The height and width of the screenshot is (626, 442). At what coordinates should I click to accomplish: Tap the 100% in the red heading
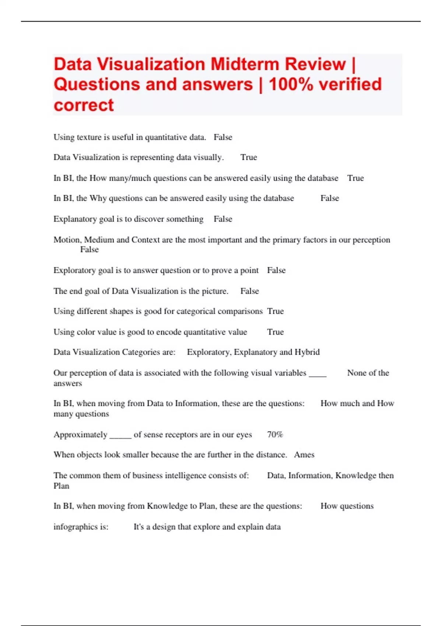tap(291, 84)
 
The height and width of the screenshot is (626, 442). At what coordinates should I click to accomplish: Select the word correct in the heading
tap(84, 105)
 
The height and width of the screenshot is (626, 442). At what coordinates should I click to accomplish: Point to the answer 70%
tap(275, 435)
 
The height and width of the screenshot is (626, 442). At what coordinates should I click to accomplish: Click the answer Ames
tap(304, 455)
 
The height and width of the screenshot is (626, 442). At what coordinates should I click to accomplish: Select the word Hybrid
tap(307, 352)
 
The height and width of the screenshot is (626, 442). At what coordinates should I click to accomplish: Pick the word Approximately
tap(80, 435)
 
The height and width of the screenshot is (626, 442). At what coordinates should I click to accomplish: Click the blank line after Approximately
tap(120, 437)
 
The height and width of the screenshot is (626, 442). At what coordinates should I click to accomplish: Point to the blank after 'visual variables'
tap(318, 376)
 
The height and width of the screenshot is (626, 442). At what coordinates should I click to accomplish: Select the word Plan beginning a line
tap(61, 486)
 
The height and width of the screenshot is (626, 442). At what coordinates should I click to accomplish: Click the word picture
tap(215, 291)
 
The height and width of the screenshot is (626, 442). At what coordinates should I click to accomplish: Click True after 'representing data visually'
tap(249, 158)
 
